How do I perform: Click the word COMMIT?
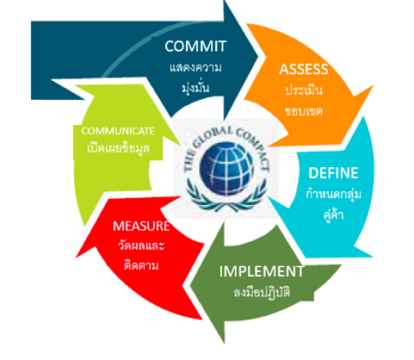(195, 47)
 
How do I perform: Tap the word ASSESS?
(304, 70)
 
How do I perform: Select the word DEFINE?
(333, 173)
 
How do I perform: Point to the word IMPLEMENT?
(262, 271)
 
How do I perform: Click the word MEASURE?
(141, 227)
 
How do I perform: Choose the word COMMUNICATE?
(118, 131)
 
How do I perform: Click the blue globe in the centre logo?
(226, 169)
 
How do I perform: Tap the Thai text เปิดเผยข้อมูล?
(118, 147)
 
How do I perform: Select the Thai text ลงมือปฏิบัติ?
(262, 292)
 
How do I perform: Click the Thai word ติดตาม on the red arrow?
(141, 264)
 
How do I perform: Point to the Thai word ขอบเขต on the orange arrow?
(304, 111)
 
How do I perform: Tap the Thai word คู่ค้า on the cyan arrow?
(333, 214)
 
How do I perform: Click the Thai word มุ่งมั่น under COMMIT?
(195, 87)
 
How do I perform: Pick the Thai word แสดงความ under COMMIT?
(195, 68)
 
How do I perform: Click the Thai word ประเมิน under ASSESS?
(304, 90)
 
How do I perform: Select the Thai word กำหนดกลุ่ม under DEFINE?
(333, 193)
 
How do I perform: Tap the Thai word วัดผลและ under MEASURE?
(141, 245)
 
